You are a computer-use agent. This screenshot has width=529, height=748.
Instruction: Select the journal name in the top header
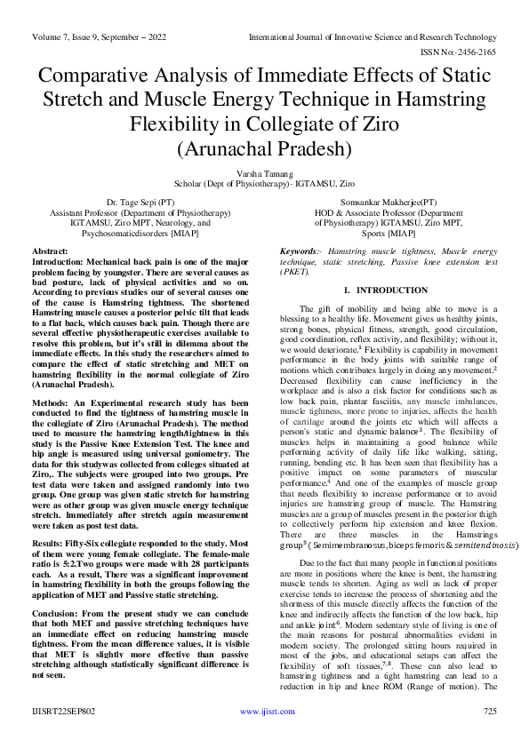point(373,38)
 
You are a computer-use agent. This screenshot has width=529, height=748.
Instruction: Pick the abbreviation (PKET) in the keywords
point(294,273)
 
